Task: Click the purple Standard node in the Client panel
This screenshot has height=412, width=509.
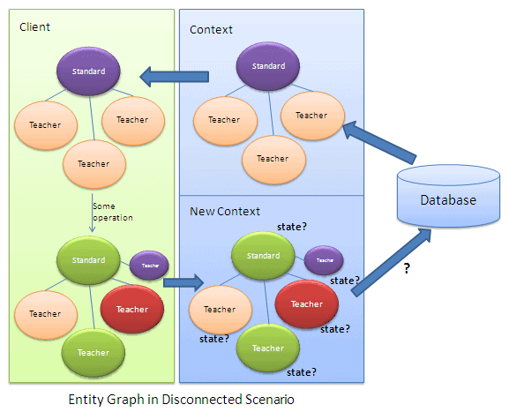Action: [88, 71]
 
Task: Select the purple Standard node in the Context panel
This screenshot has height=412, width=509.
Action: [268, 66]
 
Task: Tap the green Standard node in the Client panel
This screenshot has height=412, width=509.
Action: [88, 260]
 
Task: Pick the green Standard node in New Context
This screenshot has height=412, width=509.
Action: [263, 256]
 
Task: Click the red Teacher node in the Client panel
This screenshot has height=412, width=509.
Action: [131, 309]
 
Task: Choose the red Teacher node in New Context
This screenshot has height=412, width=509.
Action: [306, 304]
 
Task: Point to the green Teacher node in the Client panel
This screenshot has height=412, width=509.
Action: [93, 352]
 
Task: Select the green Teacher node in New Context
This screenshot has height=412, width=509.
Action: [267, 348]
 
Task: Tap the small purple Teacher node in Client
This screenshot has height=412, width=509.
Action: [150, 265]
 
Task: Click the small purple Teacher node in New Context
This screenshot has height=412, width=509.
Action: [324, 260]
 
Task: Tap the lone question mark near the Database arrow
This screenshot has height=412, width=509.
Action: [407, 269]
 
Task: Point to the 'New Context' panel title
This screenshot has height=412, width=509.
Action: [225, 212]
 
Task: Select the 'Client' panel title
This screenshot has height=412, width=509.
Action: [34, 27]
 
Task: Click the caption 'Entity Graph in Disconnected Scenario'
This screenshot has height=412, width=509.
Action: [181, 399]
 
